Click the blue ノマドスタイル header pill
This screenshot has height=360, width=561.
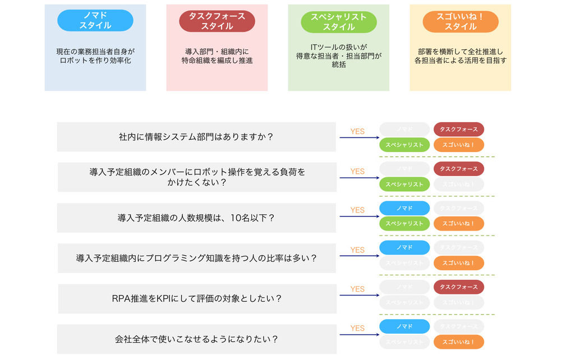pyautogui.click(x=95, y=20)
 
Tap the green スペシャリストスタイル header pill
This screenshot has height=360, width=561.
pyautogui.click(x=338, y=21)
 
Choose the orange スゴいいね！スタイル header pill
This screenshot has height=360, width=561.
pyautogui.click(x=460, y=21)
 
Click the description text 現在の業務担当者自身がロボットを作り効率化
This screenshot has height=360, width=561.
pyautogui.click(x=95, y=56)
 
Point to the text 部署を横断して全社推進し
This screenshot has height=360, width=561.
pyautogui.click(x=460, y=51)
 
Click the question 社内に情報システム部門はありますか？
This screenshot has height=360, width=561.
pyautogui.click(x=196, y=137)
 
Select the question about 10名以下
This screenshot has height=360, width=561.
pyautogui.click(x=196, y=218)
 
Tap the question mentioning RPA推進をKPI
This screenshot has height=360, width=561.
pyautogui.click(x=196, y=298)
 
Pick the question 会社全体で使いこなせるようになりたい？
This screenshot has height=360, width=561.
pyautogui.click(x=196, y=339)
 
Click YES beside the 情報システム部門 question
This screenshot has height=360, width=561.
pyautogui.click(x=357, y=131)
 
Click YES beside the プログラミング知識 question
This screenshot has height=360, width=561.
pyautogui.click(x=357, y=250)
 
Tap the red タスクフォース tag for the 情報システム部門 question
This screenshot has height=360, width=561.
pyautogui.click(x=458, y=130)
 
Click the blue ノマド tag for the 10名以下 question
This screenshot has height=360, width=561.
pyautogui.click(x=404, y=208)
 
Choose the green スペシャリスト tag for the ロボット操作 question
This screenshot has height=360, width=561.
pyautogui.click(x=404, y=184)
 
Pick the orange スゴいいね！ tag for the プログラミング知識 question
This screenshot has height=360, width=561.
pyautogui.click(x=458, y=262)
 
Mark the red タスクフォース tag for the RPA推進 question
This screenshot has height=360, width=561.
pyautogui.click(x=458, y=287)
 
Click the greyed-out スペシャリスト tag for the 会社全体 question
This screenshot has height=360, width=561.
pyautogui.click(x=404, y=341)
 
